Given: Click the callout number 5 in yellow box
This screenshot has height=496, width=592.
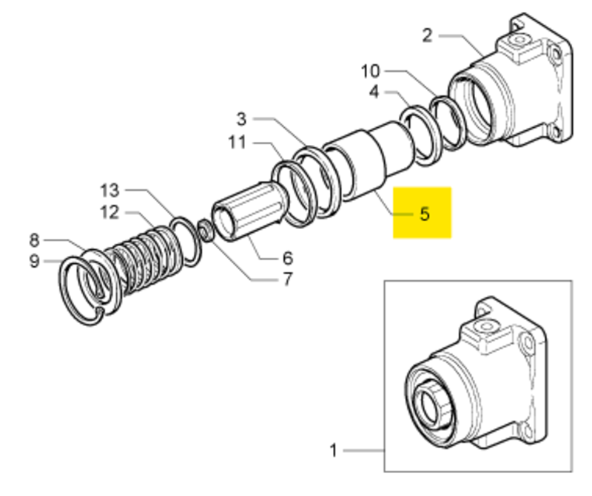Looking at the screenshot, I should point(424,214).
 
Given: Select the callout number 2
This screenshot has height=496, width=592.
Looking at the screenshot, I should point(427,35).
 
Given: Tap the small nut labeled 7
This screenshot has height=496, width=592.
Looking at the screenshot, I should point(208,231).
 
